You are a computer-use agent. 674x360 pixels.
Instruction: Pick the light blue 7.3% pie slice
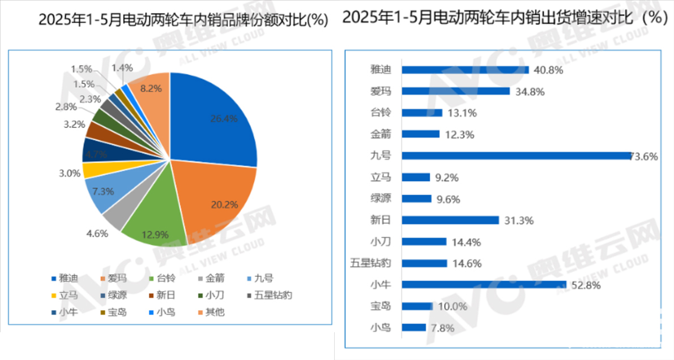[102, 192]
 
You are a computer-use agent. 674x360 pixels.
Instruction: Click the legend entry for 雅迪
[65, 278]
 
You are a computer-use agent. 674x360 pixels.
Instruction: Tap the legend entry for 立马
[65, 295]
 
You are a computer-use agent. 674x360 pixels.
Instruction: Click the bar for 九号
[515, 156]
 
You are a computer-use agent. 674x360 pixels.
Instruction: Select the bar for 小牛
[484, 285]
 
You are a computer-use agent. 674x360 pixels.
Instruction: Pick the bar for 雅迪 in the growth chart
[465, 70]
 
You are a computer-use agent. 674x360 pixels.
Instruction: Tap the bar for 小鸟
[413, 327]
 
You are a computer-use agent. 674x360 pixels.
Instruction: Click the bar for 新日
[450, 220]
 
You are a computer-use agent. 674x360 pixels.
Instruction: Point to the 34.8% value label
[530, 91]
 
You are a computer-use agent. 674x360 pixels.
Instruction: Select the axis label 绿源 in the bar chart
[381, 199]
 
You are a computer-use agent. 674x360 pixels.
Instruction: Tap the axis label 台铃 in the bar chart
[381, 113]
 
